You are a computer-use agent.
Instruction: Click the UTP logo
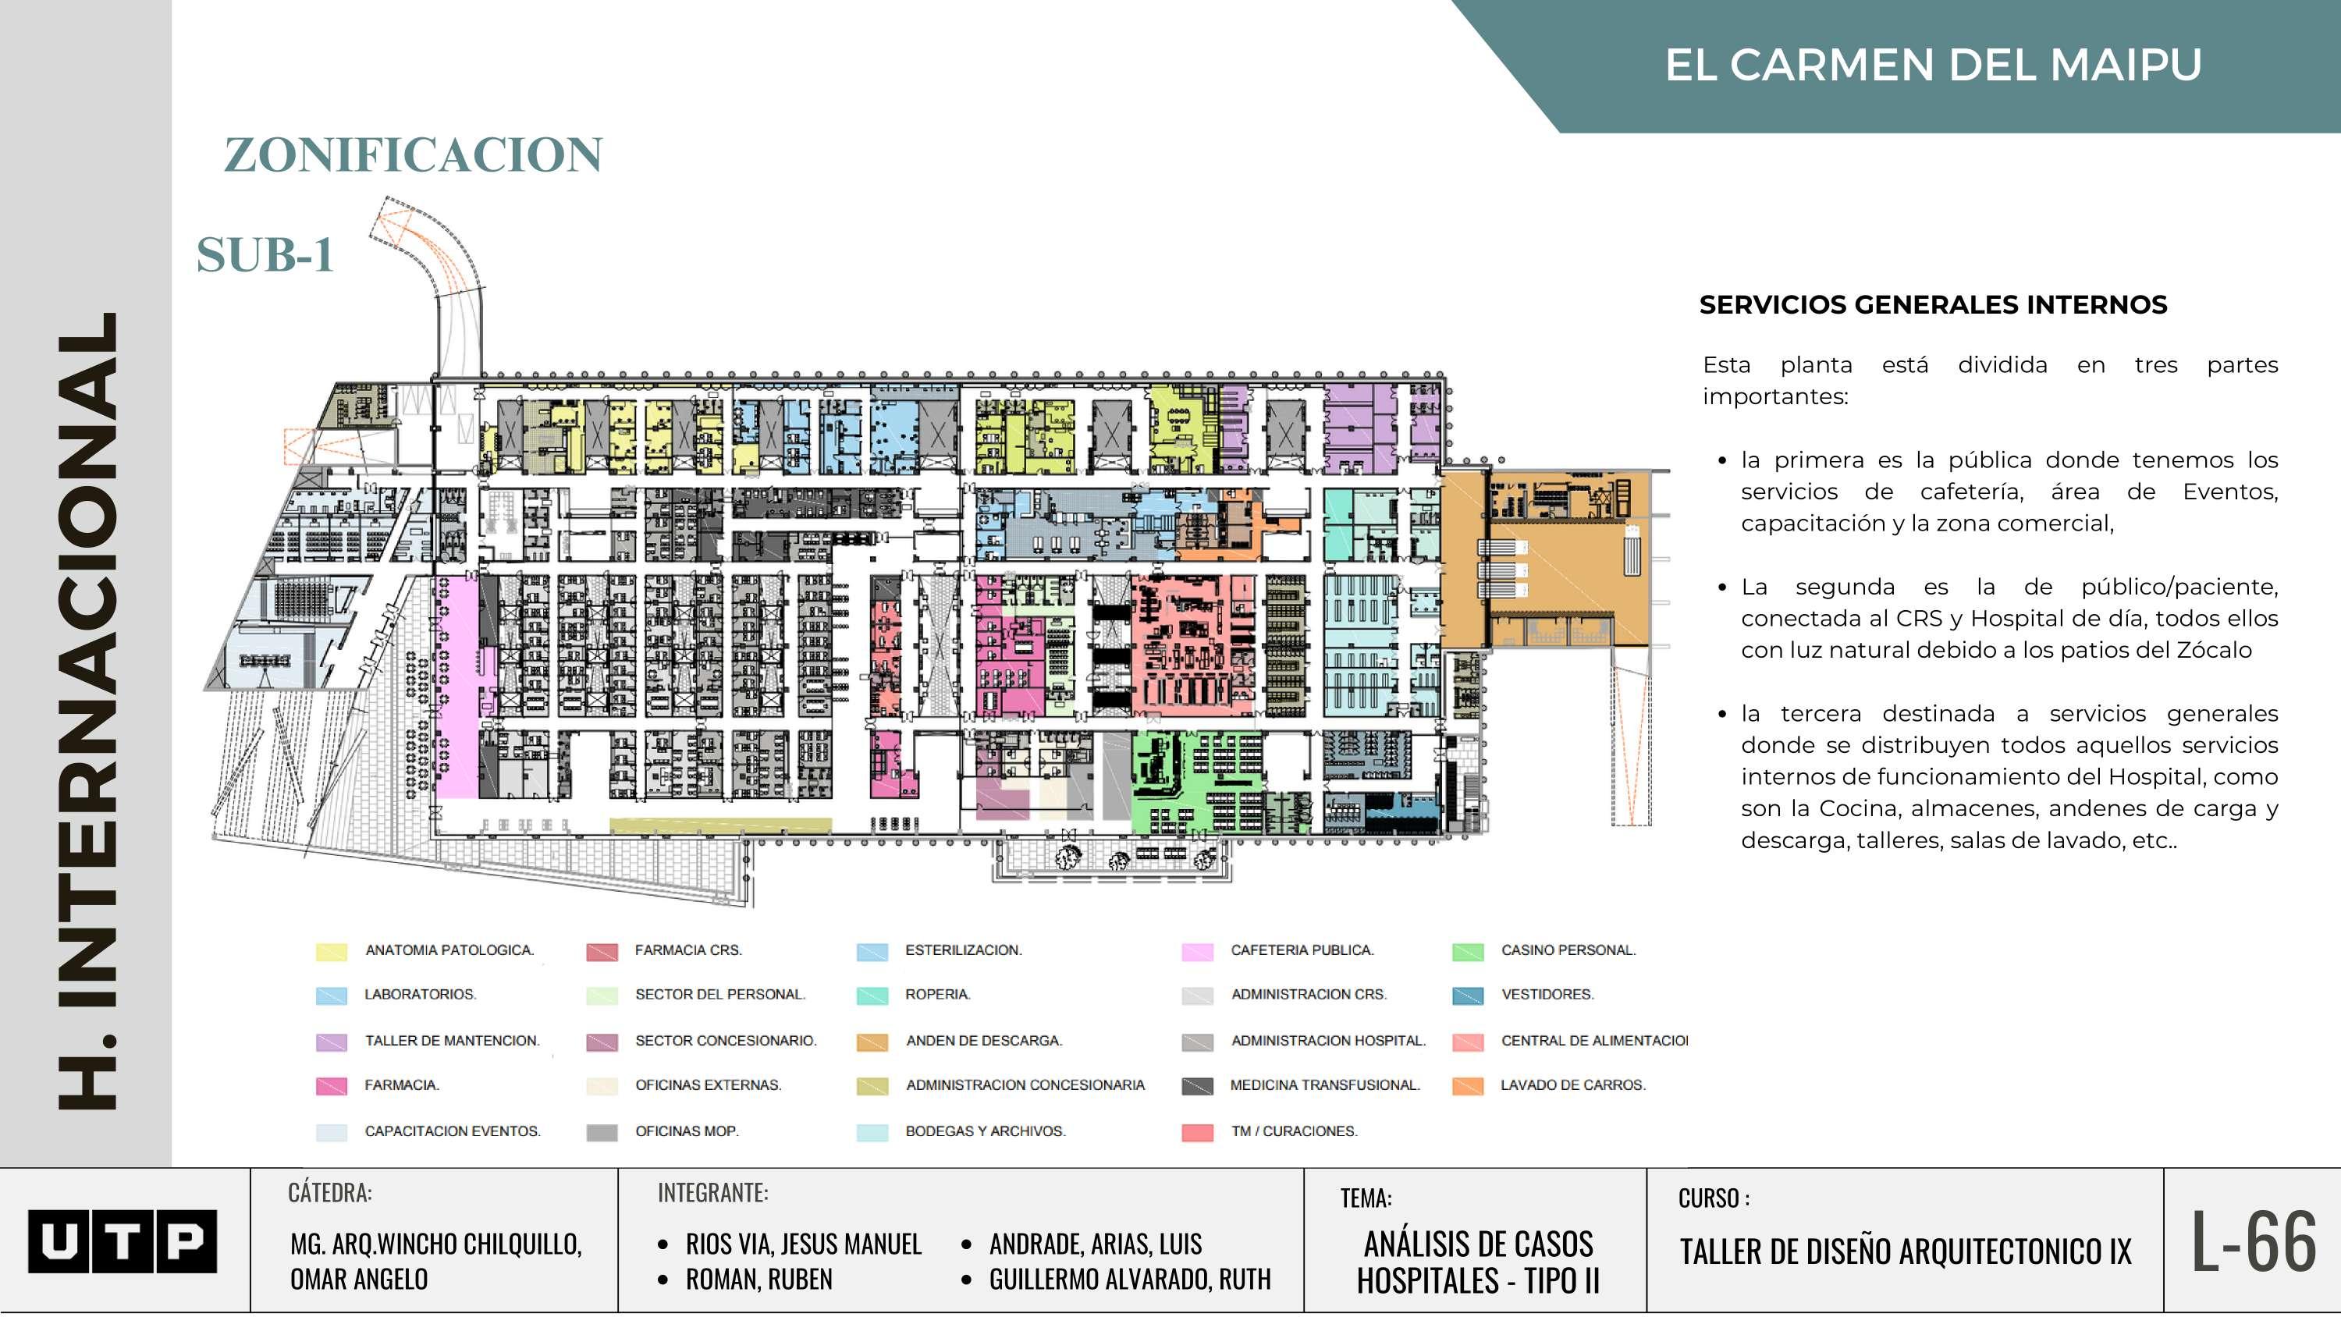122,1241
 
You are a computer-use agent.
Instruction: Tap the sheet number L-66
2254,1241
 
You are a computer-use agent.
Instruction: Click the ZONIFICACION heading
414,154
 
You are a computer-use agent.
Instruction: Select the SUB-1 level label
265,254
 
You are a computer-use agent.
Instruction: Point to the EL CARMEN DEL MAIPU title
1933,65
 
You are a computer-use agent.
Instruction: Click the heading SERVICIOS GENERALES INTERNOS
1933,304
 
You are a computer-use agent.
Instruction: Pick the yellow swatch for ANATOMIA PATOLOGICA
331,952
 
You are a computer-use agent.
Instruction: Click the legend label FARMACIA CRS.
688,950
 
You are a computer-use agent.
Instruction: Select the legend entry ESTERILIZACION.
963,950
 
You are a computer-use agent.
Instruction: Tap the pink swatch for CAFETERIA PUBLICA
1197,952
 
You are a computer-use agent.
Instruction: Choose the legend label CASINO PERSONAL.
1568,950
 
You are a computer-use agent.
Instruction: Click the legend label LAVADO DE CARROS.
1572,1084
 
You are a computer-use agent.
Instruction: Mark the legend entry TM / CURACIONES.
1293,1131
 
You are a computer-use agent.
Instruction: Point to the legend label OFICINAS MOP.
686,1131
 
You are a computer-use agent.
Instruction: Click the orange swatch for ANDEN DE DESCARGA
872,1042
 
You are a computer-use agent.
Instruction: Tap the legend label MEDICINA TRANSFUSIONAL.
1324,1084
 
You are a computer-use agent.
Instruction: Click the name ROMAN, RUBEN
758,1279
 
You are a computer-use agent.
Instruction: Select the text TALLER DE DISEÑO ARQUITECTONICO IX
1905,1251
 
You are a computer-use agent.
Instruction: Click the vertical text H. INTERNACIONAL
88,709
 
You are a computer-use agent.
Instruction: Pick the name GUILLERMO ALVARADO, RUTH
1130,1279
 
